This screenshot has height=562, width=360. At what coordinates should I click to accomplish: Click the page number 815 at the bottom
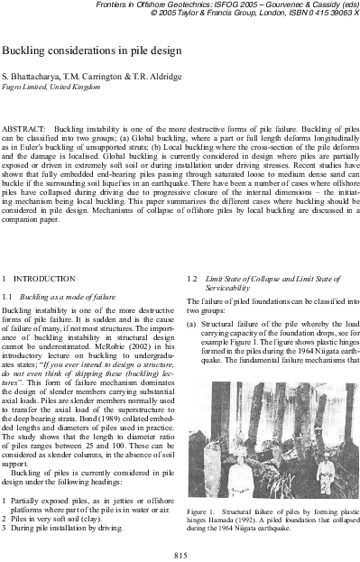[180, 555]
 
